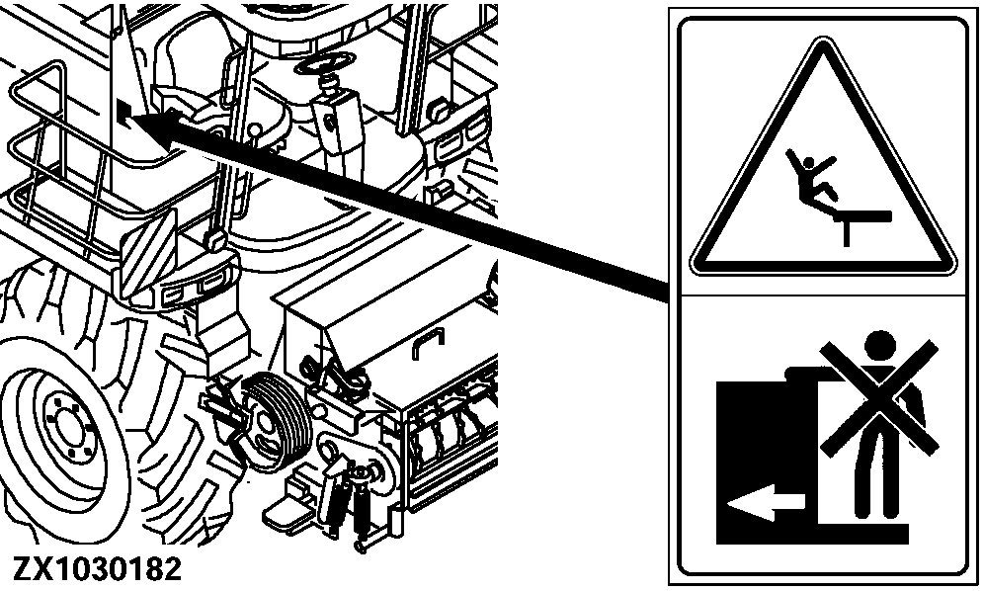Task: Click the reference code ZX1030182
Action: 97,569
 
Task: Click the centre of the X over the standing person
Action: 879,397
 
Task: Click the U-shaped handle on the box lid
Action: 428,343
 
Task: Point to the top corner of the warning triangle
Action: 822,38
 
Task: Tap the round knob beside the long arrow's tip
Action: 255,131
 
